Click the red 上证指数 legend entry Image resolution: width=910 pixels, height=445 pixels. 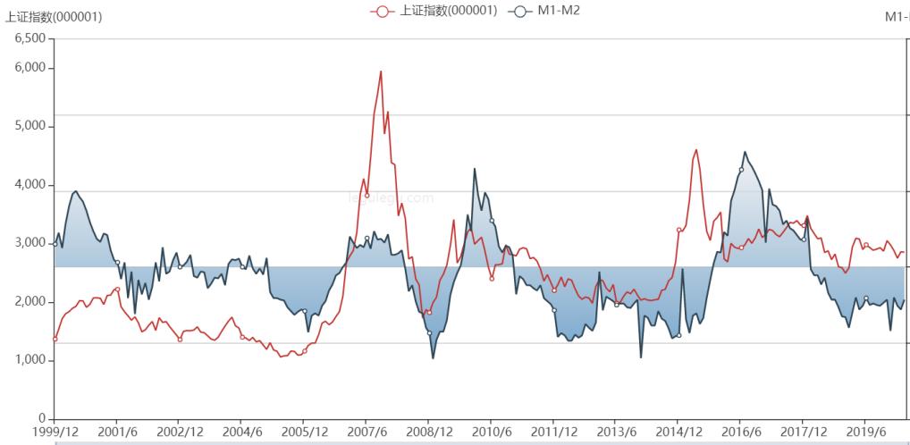[x=434, y=11]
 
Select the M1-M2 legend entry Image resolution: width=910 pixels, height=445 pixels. [x=544, y=11]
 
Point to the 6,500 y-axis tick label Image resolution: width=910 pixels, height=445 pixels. [x=30, y=38]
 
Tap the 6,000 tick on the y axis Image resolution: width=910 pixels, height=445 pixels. [x=30, y=68]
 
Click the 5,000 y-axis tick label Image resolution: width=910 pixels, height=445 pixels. [x=30, y=126]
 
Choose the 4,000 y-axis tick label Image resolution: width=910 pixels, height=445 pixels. [x=30, y=185]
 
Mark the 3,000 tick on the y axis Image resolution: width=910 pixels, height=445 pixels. [x=30, y=243]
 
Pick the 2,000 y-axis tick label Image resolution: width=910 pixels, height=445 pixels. [x=30, y=302]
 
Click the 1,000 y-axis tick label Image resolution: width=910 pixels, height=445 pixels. [x=30, y=360]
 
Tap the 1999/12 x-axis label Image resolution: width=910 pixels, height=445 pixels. [x=55, y=432]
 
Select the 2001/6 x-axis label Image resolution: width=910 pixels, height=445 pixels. [x=117, y=432]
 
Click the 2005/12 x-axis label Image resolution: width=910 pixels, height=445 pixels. [x=303, y=432]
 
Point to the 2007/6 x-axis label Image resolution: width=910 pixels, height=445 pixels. [x=366, y=432]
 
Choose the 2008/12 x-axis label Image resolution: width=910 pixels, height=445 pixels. [x=428, y=432]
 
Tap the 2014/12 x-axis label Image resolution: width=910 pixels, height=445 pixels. [x=678, y=432]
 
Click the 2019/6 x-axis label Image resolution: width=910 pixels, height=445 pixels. [x=864, y=432]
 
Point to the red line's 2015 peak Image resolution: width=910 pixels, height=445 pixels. [x=696, y=149]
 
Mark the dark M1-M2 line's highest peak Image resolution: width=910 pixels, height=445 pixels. [x=746, y=152]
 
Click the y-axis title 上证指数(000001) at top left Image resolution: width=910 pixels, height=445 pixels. [x=54, y=16]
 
